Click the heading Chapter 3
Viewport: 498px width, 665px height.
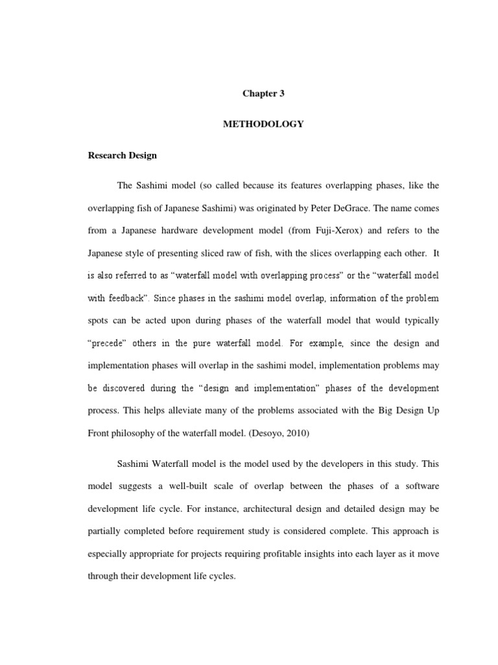[263, 94]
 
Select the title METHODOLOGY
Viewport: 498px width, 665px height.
[263, 124]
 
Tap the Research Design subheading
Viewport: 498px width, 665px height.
[123, 156]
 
